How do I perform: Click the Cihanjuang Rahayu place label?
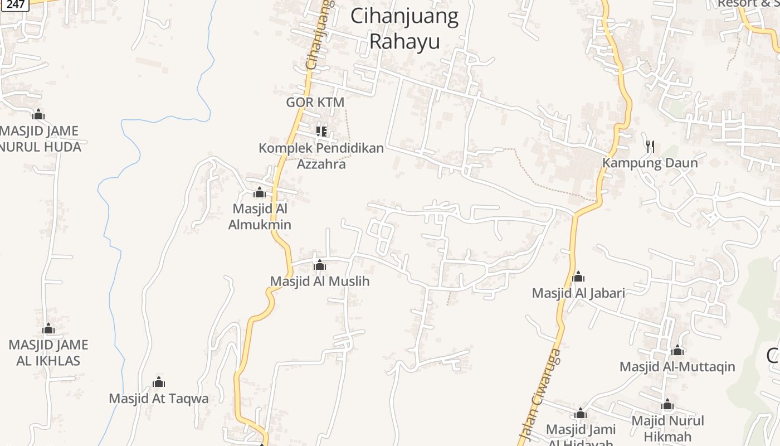pyautogui.click(x=404, y=29)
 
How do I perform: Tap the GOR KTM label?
pyautogui.click(x=315, y=103)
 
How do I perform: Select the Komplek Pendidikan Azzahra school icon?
pyautogui.click(x=321, y=132)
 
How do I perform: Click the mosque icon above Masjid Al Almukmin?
pyautogui.click(x=259, y=193)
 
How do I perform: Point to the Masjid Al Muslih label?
pyautogui.click(x=320, y=281)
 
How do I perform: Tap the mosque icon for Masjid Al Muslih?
pyautogui.click(x=320, y=265)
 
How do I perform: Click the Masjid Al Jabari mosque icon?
pyautogui.click(x=578, y=277)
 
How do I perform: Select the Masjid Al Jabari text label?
pyautogui.click(x=578, y=293)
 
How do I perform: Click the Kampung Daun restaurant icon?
pyautogui.click(x=650, y=147)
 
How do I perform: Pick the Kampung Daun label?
pyautogui.click(x=650, y=163)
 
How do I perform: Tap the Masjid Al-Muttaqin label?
pyautogui.click(x=677, y=367)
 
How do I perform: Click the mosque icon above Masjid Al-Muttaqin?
pyautogui.click(x=677, y=351)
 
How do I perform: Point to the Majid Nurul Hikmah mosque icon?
pyautogui.click(x=667, y=405)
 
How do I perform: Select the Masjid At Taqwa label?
pyautogui.click(x=159, y=399)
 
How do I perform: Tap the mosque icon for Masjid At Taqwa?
pyautogui.click(x=159, y=382)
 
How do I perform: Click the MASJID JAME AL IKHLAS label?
pyautogui.click(x=48, y=353)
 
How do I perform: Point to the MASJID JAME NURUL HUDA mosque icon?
pyautogui.click(x=38, y=115)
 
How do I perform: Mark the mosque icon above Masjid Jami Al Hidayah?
pyautogui.click(x=581, y=414)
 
